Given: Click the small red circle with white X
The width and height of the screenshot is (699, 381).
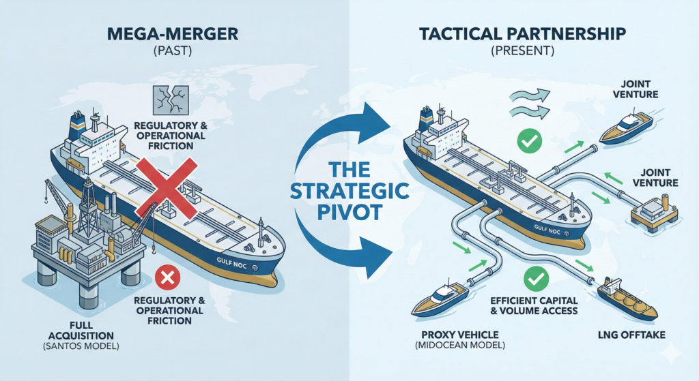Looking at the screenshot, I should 166,279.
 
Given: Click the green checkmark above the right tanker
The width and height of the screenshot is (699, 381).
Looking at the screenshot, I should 529,141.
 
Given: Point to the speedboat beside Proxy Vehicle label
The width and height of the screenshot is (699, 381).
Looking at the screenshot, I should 441,300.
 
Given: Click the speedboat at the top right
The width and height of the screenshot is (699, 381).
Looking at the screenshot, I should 626,130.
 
